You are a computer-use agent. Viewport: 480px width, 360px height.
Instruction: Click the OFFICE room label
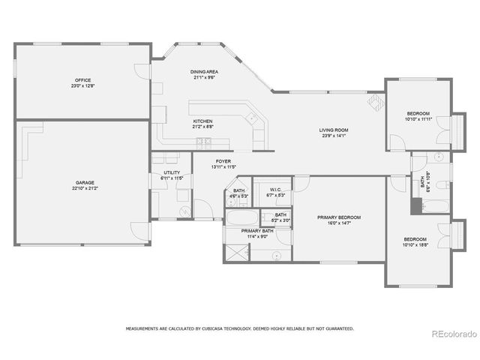(82, 80)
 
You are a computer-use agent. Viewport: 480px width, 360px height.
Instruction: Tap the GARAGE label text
(85, 183)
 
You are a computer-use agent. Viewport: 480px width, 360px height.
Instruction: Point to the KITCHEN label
(202, 121)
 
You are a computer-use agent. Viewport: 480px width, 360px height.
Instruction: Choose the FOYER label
(223, 161)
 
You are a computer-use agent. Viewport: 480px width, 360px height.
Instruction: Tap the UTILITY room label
(172, 173)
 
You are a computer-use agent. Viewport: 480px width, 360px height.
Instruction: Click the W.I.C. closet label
(275, 190)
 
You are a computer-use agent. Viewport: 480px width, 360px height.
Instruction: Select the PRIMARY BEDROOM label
(339, 217)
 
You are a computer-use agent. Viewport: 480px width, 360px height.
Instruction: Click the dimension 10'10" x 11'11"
(418, 118)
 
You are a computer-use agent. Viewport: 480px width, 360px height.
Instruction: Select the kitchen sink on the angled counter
(253, 117)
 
